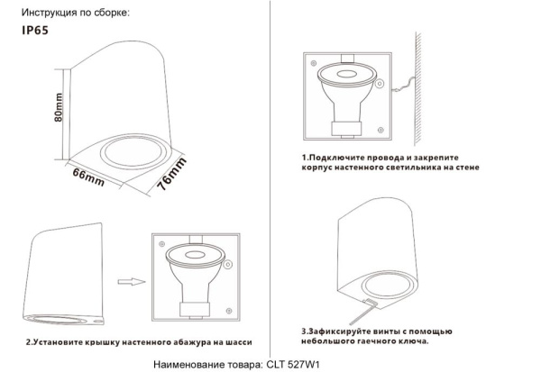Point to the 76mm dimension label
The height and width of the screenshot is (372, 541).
pyautogui.click(x=170, y=171)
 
